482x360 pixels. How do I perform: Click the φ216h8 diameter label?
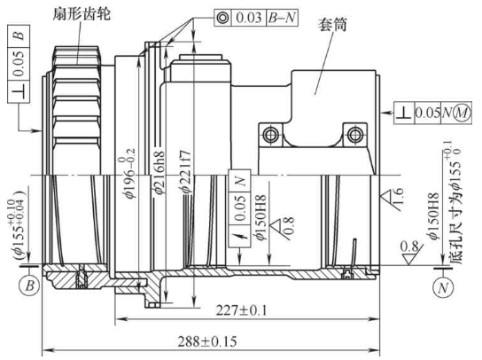(x=160, y=165)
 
